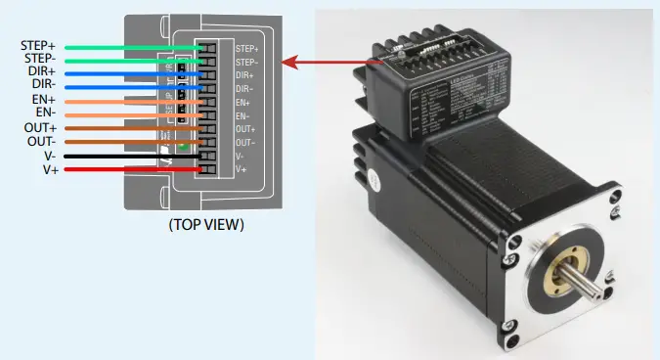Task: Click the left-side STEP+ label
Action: (x=38, y=46)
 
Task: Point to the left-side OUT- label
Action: (x=40, y=142)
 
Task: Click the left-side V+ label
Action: (x=49, y=169)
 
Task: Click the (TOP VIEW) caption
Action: (x=205, y=225)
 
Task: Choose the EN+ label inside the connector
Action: (x=243, y=102)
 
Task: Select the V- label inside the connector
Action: (x=241, y=156)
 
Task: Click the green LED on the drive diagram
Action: (x=183, y=147)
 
